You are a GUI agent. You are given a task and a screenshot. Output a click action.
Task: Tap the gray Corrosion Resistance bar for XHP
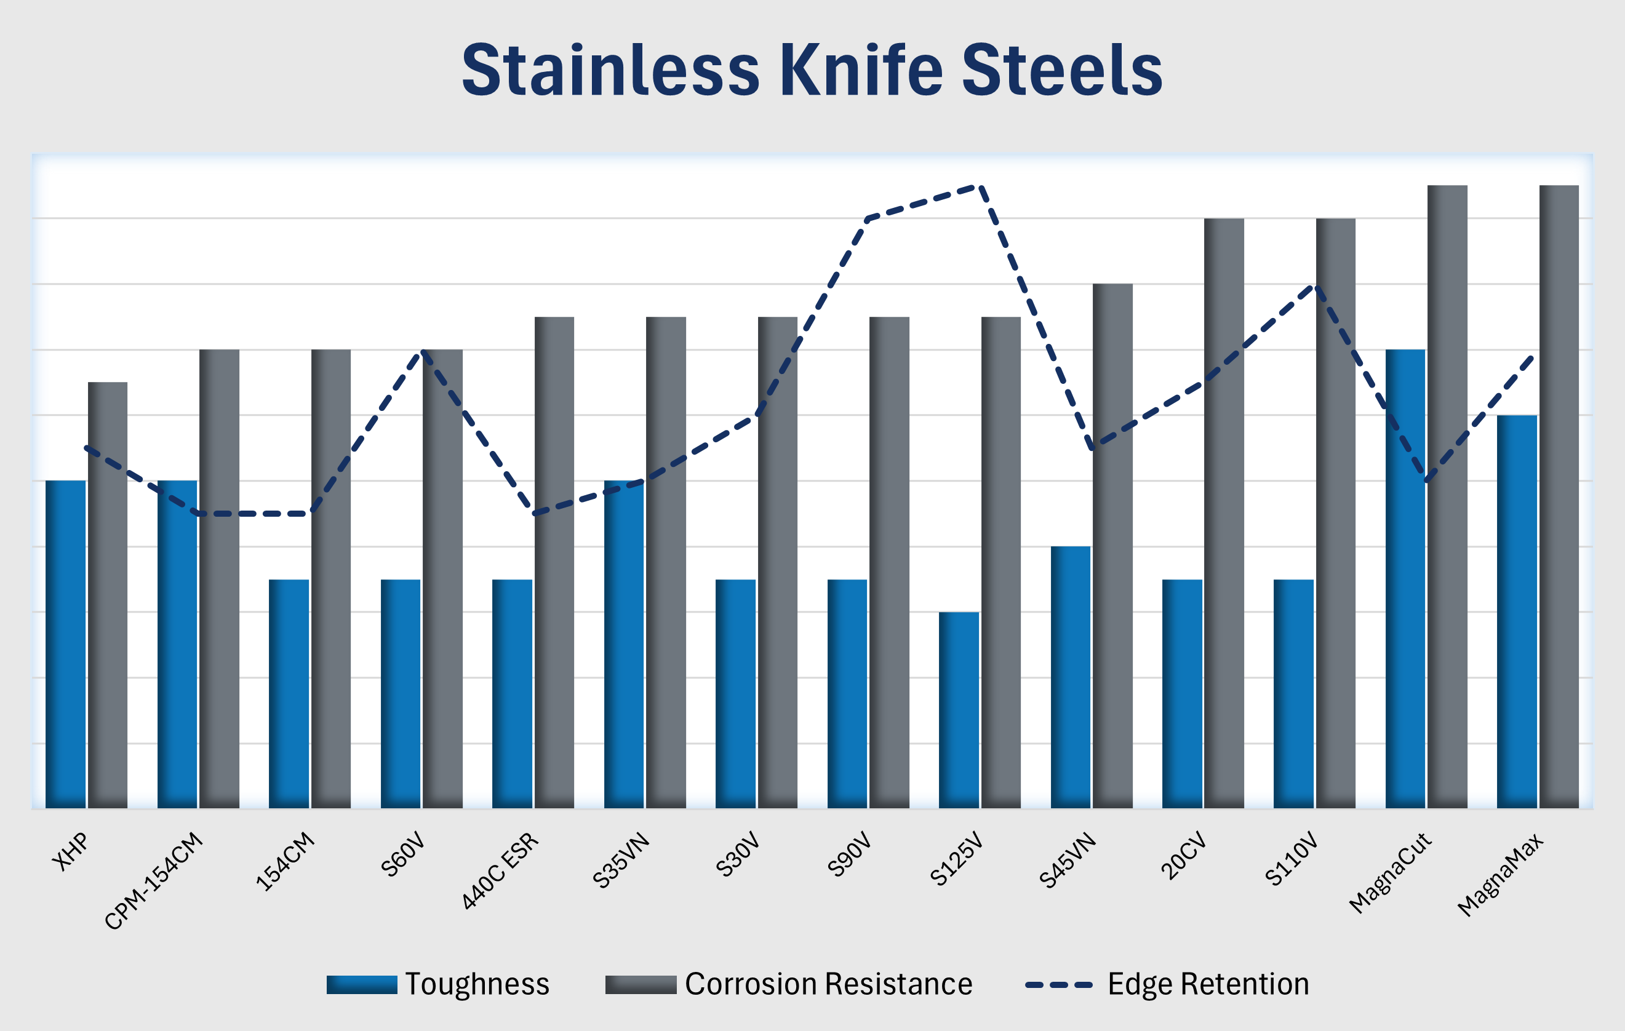tap(107, 594)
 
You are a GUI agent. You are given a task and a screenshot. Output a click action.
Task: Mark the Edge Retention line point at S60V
tap(421, 350)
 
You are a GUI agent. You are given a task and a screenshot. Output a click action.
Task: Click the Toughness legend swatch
tap(362, 984)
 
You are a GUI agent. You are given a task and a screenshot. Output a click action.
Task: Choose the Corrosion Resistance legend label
tap(828, 984)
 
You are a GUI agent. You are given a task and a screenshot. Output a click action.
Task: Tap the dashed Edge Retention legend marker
tap(1058, 985)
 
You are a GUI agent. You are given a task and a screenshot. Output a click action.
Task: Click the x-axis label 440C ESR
tap(501, 870)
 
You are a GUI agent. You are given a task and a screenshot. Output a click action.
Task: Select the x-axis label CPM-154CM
tap(154, 880)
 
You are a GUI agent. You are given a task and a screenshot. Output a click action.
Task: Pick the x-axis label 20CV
tap(1183, 856)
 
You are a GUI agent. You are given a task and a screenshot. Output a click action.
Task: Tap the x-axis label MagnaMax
tap(1500, 875)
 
